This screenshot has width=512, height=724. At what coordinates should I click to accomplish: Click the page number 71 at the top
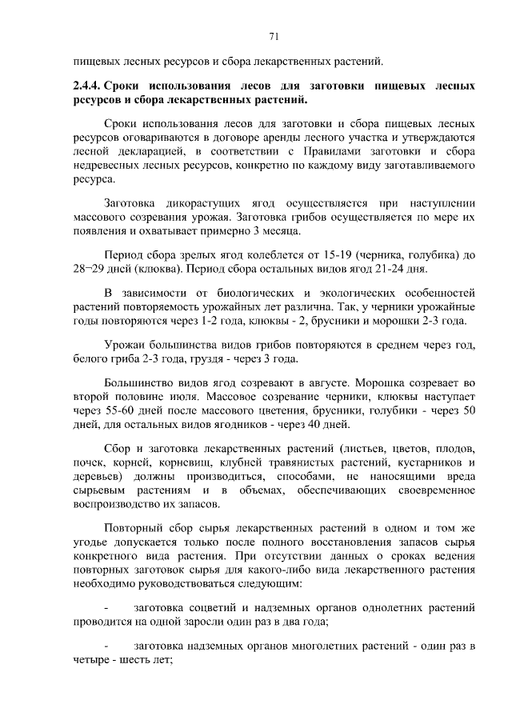tap(273, 36)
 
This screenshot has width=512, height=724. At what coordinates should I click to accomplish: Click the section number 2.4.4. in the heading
tap(86, 86)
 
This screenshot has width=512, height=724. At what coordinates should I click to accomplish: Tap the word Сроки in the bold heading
tap(125, 86)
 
